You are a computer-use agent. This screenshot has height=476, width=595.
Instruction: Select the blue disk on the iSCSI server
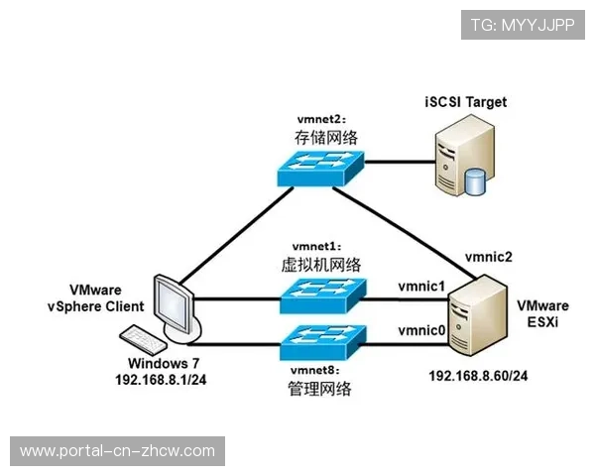(475, 181)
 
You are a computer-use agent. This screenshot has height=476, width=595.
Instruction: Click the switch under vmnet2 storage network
(322, 170)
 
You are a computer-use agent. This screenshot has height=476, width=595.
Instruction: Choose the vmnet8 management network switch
(323, 343)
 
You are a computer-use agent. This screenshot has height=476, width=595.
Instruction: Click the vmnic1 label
(421, 286)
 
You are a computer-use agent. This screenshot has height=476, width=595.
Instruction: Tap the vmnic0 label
(421, 330)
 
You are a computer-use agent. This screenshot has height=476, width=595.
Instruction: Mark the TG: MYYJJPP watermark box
(523, 25)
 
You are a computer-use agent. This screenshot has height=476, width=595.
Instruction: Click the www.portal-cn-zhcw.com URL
(118, 451)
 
